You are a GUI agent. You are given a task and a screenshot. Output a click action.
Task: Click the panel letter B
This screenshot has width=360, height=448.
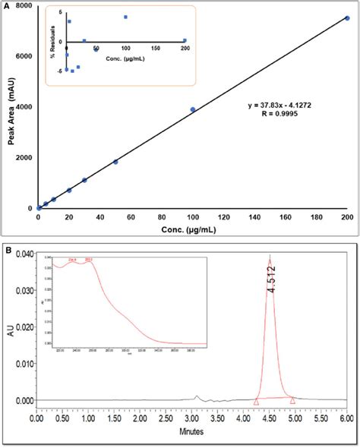click(x=6, y=248)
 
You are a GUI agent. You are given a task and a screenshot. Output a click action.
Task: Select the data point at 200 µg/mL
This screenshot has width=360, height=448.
click(x=348, y=17)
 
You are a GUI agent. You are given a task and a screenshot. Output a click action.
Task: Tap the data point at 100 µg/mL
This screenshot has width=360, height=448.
click(x=193, y=109)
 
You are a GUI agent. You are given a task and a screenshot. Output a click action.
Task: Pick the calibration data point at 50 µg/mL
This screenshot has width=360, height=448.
click(x=115, y=162)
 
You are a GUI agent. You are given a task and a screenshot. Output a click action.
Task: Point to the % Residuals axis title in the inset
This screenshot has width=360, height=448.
click(x=54, y=41)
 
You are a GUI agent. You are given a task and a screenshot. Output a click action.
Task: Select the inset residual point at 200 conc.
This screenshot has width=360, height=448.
click(x=185, y=41)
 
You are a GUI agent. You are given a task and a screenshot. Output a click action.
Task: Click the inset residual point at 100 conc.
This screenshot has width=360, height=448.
click(x=125, y=17)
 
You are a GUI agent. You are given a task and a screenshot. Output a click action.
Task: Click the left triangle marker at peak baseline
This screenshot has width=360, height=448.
click(x=257, y=402)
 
